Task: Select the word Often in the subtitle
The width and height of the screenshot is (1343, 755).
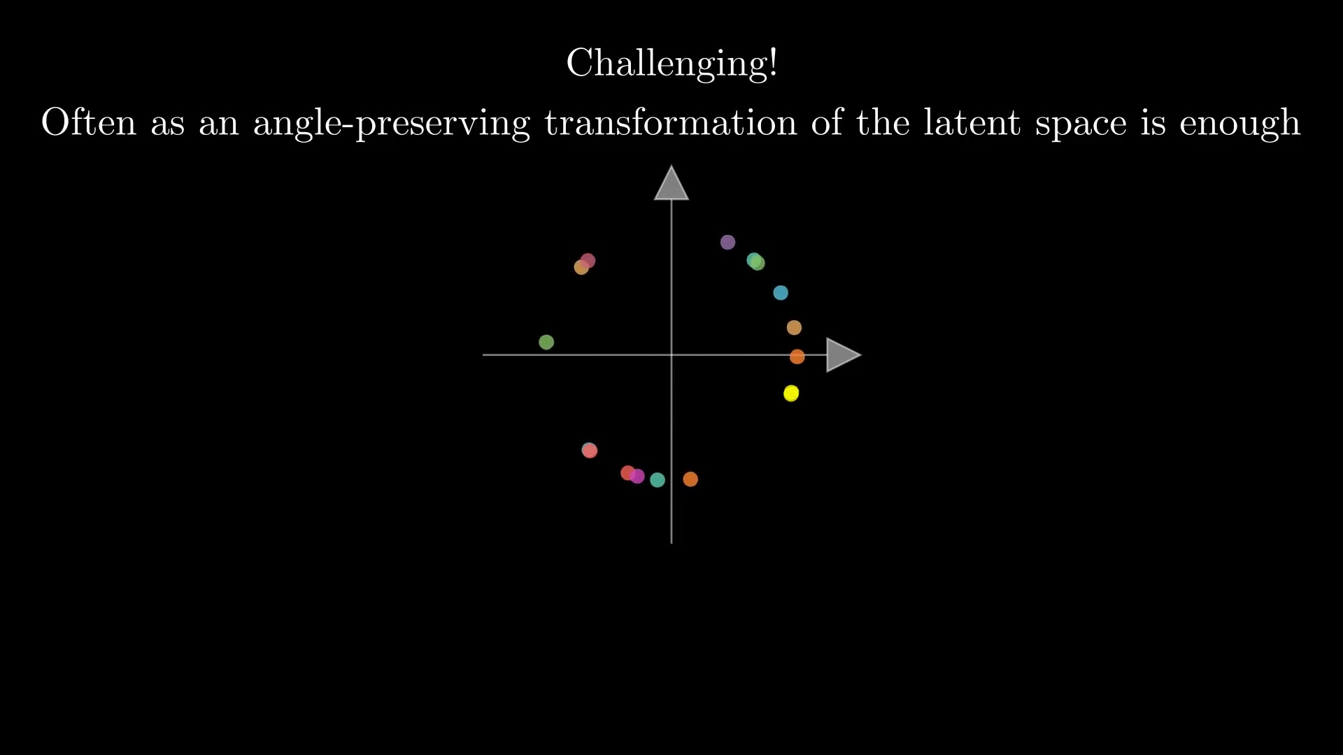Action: [89, 122]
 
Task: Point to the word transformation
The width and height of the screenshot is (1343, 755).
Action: [671, 122]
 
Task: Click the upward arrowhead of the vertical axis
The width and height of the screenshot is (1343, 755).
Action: [671, 183]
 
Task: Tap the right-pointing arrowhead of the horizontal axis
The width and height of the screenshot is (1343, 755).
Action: [844, 355]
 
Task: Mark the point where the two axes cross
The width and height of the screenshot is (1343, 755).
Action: [671, 355]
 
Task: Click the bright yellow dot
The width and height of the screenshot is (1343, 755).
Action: [791, 394]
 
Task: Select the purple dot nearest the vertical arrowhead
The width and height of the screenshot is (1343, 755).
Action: [727, 243]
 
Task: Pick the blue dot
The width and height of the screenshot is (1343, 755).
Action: [781, 293]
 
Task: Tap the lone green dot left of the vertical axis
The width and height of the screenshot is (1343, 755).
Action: [546, 342]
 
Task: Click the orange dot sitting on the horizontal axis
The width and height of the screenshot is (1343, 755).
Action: [797, 357]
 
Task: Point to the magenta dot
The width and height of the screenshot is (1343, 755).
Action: [637, 476]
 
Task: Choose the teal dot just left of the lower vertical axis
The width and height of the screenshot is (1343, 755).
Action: [658, 480]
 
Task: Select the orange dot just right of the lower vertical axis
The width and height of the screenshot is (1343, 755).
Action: [690, 479]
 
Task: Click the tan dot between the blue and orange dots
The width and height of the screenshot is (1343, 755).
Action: [794, 327]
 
